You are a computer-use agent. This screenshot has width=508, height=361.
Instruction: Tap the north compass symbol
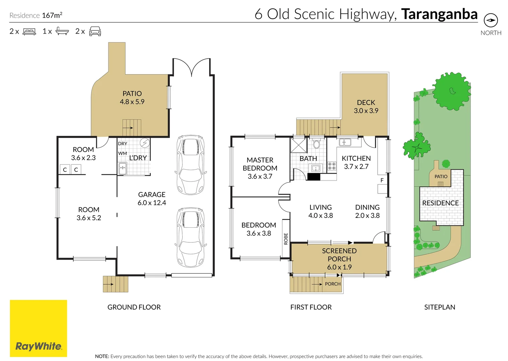coord(491,20)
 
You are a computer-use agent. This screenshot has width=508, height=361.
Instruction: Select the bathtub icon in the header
coord(62,31)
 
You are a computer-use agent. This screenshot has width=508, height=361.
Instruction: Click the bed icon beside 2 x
coord(29,31)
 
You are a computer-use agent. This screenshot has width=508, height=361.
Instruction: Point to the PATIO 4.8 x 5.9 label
coord(132,98)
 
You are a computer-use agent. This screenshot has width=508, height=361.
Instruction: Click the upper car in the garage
coord(190,165)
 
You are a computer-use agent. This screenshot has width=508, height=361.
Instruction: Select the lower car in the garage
coord(190,237)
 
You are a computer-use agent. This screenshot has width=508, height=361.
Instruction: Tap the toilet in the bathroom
coord(316,144)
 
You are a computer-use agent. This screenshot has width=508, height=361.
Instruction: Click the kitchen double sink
coord(345,142)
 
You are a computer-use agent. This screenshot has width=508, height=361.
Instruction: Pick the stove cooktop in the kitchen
coord(332,166)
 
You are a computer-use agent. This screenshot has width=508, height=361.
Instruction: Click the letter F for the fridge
coord(382,180)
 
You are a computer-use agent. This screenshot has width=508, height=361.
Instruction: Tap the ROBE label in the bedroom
coord(286,239)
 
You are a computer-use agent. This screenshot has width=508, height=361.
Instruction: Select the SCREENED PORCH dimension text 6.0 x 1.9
coord(339,267)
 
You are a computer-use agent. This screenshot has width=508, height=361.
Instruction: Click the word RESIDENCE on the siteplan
coord(440,203)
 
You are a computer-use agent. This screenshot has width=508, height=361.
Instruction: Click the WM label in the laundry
coord(123,153)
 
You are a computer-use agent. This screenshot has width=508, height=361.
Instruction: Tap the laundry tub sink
coord(123,168)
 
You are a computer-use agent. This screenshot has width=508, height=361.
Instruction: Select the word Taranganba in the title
coord(439,14)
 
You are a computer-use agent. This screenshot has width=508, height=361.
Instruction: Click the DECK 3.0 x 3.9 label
coord(366,106)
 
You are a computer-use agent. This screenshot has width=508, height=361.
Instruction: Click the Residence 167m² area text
coord(36,15)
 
